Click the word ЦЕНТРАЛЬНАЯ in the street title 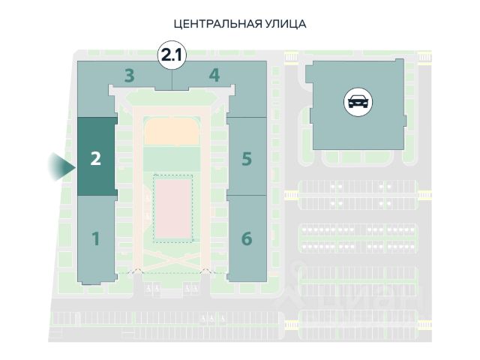tap(217, 24)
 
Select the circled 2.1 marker tap(172, 55)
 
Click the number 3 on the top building tap(130, 75)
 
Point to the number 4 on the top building tap(214, 75)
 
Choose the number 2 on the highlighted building tap(95, 158)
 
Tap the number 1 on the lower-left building tap(95, 239)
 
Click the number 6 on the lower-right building tap(247, 239)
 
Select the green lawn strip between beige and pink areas tap(172, 159)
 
